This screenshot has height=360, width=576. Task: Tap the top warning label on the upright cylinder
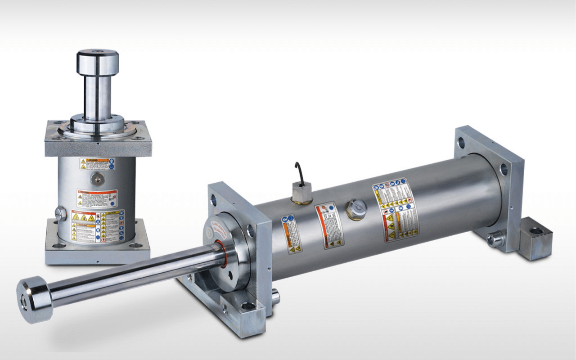[x=97, y=164]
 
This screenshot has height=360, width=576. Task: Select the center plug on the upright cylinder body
[x=96, y=179]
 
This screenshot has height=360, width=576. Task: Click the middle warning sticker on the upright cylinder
[x=97, y=198]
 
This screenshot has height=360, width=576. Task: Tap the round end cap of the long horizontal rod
[x=31, y=299]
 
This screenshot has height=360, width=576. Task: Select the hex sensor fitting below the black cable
[x=301, y=193]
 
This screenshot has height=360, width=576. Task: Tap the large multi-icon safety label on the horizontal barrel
[x=395, y=209]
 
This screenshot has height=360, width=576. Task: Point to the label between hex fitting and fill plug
[x=329, y=225]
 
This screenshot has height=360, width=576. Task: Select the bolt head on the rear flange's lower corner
[x=495, y=238]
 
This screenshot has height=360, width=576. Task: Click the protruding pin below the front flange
[x=275, y=297]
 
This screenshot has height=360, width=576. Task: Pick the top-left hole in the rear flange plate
[x=461, y=143]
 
